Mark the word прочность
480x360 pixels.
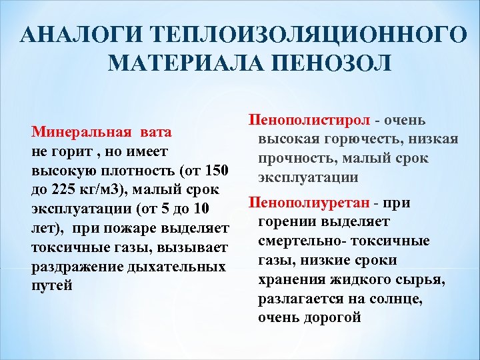[x=293, y=159]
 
